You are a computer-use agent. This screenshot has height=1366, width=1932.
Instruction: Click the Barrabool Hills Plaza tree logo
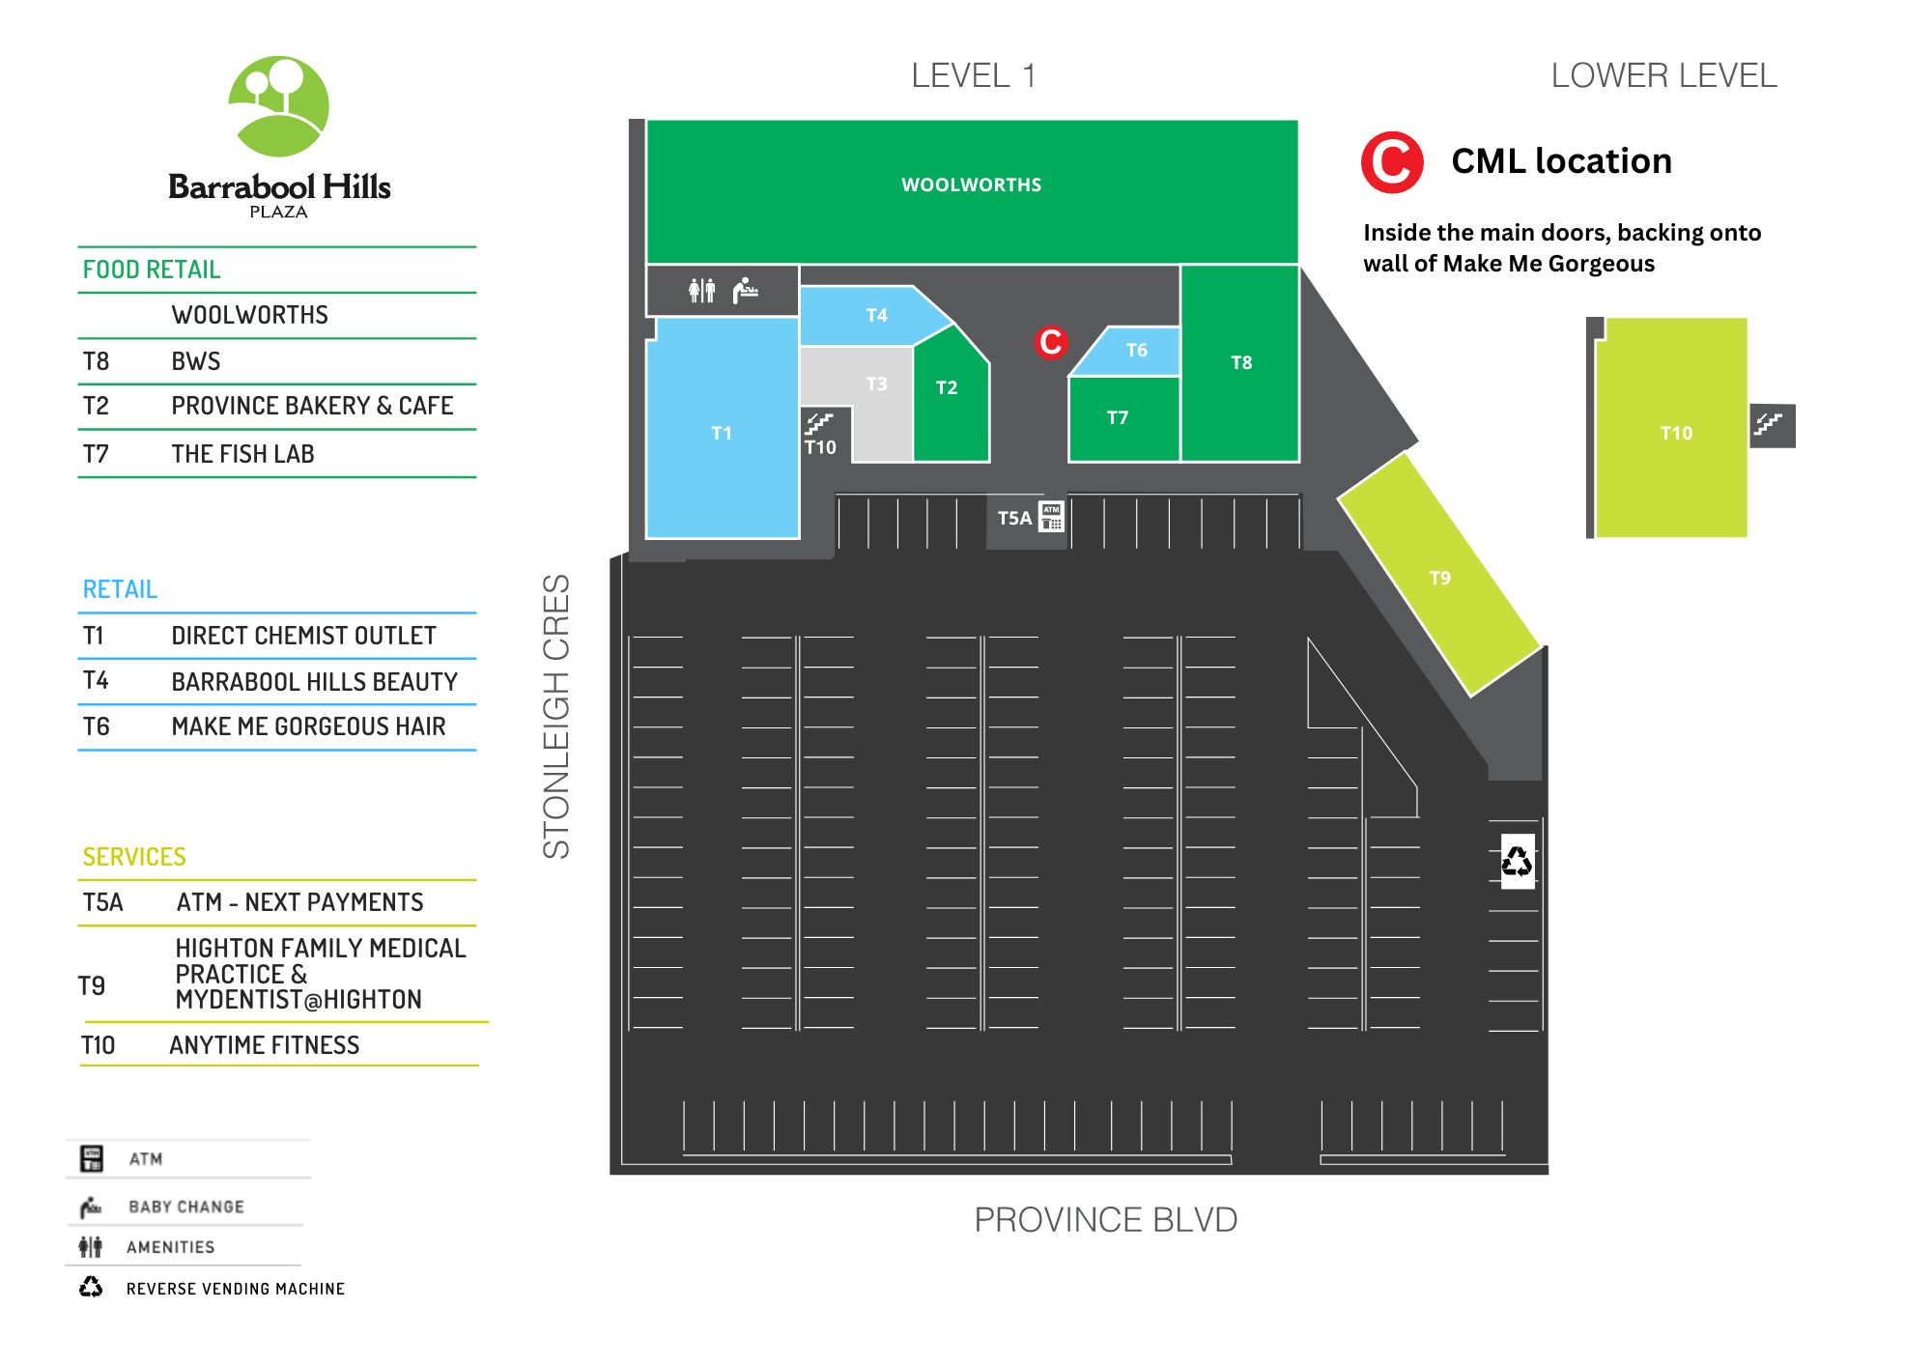(278, 106)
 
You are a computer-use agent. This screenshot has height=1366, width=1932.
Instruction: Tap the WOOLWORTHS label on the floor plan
(971, 185)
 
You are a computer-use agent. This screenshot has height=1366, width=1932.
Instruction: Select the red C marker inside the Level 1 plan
(1051, 341)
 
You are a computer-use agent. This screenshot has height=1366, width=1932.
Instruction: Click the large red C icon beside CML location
(1392, 161)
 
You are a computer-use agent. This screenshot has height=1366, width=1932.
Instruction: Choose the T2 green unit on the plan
(951, 392)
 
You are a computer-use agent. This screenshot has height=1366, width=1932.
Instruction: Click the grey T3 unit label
(876, 384)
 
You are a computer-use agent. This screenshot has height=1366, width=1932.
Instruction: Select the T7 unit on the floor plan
(1123, 418)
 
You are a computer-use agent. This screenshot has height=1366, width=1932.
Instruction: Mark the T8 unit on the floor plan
(1240, 362)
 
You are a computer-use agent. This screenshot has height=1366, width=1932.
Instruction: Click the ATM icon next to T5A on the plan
(1051, 517)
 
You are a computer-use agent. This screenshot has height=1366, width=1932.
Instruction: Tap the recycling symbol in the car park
(1517, 861)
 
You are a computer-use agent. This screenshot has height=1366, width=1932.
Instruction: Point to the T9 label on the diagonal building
(1439, 578)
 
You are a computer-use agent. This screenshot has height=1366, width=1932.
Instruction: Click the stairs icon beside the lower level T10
(1773, 425)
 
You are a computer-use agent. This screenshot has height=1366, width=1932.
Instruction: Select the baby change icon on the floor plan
(745, 290)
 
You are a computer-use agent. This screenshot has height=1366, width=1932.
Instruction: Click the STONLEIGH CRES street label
(556, 716)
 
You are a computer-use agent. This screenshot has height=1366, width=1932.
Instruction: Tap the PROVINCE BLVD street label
(1105, 1220)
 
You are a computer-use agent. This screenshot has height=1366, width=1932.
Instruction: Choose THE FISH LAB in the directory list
(242, 454)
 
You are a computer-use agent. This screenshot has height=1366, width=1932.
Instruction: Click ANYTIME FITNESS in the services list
(264, 1045)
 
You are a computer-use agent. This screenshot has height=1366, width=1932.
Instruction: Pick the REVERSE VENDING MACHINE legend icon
(91, 1287)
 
